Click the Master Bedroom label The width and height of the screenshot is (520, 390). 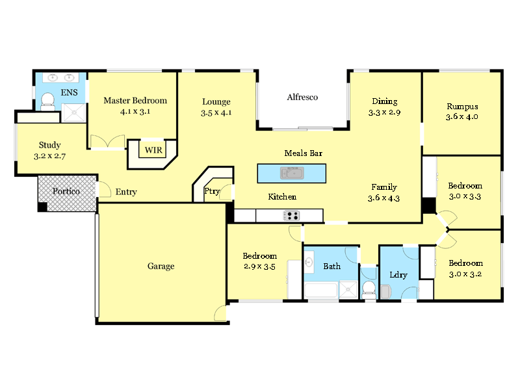pyautogui.click(x=135, y=101)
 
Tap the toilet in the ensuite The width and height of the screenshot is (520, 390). pyautogui.click(x=47, y=100)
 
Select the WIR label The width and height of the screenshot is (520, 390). pyautogui.click(x=153, y=150)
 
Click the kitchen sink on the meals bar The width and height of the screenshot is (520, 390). pyautogui.click(x=292, y=173)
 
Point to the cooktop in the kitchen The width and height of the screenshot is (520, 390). pyautogui.click(x=290, y=216)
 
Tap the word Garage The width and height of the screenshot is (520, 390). pyautogui.click(x=161, y=266)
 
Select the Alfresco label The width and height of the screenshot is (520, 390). pyautogui.click(x=302, y=97)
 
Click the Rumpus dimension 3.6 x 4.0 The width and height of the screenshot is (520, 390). pyautogui.click(x=461, y=117)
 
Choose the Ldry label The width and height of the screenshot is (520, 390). pyautogui.click(x=398, y=275)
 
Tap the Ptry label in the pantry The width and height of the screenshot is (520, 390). pyautogui.click(x=212, y=192)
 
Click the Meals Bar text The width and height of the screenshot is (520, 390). pyautogui.click(x=304, y=153)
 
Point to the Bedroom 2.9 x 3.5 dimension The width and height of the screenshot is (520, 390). pyautogui.click(x=260, y=266)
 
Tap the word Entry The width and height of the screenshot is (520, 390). pyautogui.click(x=126, y=192)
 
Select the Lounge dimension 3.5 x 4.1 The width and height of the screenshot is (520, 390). pyautogui.click(x=216, y=112)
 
